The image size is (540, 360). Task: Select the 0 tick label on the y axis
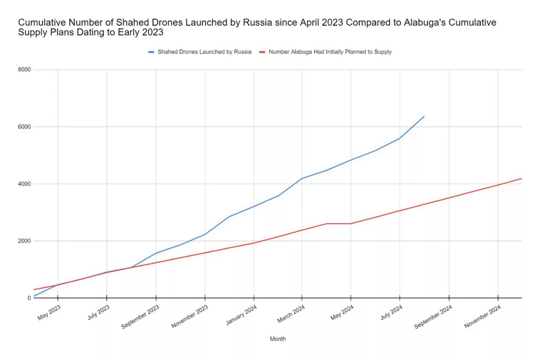pos(28,298)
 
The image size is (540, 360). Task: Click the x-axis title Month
pos(278,339)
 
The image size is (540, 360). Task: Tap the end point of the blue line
pos(424,116)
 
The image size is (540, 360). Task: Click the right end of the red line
pos(522,179)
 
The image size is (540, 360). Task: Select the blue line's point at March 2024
pos(302,178)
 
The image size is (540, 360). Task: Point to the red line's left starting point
pos(34,290)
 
